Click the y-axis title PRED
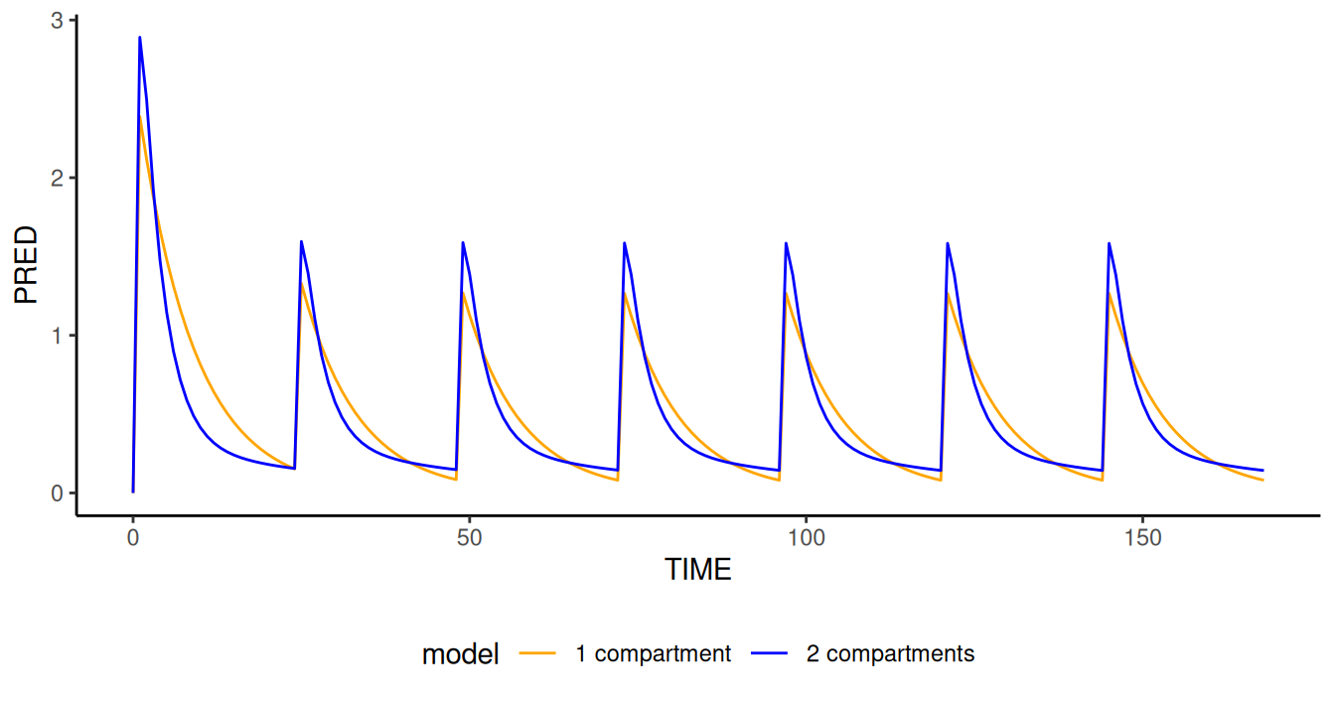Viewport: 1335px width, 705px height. pyautogui.click(x=26, y=265)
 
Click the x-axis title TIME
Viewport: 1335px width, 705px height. pyautogui.click(x=697, y=570)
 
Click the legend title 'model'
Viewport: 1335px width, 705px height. pyautogui.click(x=460, y=654)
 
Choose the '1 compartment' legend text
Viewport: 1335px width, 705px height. pyautogui.click(x=653, y=654)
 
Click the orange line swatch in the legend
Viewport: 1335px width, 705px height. pyautogui.click(x=538, y=654)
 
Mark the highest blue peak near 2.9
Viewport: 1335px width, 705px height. pyautogui.click(x=139, y=38)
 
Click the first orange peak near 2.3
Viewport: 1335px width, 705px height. pyautogui.click(x=140, y=123)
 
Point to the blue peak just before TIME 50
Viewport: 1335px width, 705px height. pyautogui.click(x=463, y=242)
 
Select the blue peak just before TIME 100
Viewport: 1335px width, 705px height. pyautogui.click(x=786, y=242)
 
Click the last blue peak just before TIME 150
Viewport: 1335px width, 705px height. pyautogui.click(x=1109, y=242)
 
